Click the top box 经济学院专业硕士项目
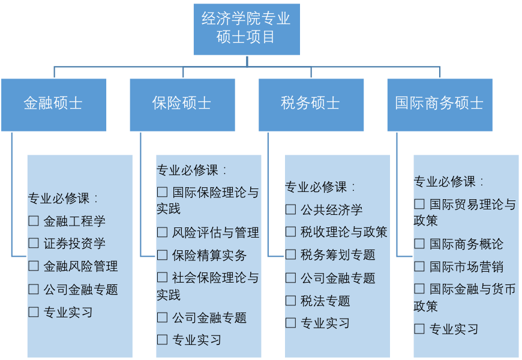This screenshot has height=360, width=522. (247, 29)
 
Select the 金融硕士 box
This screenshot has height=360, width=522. (53, 104)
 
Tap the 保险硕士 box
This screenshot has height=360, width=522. (182, 104)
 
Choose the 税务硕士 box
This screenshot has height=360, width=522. (311, 104)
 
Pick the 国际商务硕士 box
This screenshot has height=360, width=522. (439, 104)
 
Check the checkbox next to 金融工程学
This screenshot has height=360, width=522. (34, 221)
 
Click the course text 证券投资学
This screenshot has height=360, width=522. (74, 244)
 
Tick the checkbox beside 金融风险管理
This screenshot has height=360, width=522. (34, 266)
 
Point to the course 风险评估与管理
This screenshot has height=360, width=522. (215, 232)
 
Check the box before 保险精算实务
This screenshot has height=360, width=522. (162, 256)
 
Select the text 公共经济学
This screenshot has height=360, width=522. (331, 210)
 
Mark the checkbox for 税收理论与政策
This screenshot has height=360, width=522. (290, 232)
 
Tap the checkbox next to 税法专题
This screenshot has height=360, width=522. (290, 301)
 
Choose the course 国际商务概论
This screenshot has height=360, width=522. (466, 244)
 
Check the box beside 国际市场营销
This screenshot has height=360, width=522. (419, 267)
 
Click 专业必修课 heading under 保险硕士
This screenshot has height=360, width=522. (187, 170)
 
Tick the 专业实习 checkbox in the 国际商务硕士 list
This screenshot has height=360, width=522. (419, 329)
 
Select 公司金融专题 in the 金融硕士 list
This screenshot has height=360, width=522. (80, 290)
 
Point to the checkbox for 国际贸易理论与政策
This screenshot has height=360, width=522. (419, 205)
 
